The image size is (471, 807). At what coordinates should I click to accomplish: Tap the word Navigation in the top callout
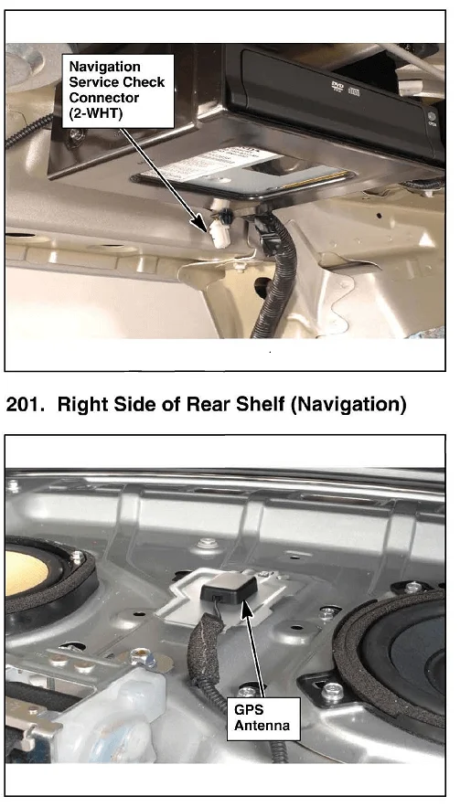[104, 67]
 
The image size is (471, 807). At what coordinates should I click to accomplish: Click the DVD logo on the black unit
[337, 87]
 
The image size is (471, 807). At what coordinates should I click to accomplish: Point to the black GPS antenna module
[229, 589]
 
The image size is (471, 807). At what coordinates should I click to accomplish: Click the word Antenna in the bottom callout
[262, 725]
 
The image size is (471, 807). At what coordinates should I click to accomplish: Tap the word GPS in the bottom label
[249, 710]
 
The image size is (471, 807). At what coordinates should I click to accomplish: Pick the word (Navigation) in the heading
[348, 405]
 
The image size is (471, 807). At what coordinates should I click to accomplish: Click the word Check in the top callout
[145, 82]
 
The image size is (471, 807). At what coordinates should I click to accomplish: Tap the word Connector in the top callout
[104, 98]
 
